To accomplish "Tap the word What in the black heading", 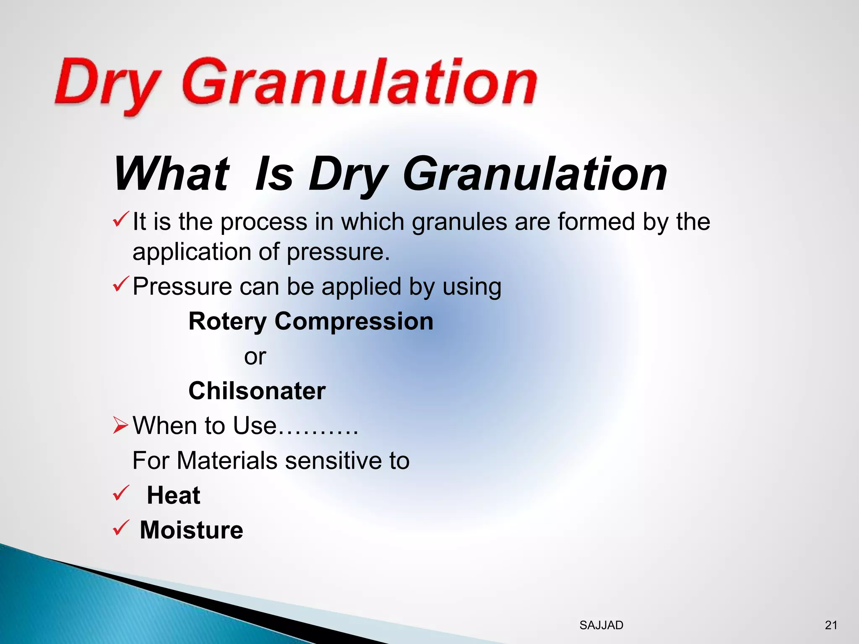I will [x=172, y=174].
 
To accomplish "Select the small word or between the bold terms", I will [x=255, y=357].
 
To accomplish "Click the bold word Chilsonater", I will [x=257, y=391].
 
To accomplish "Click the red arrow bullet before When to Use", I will [x=120, y=426].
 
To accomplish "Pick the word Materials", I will [x=227, y=461].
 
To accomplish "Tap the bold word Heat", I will [x=173, y=496].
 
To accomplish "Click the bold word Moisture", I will [x=191, y=530].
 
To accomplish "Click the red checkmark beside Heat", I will [x=120, y=493].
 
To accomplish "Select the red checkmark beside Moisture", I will [x=120, y=528].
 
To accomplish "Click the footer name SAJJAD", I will [x=601, y=625].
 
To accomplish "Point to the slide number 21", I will [x=831, y=625].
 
